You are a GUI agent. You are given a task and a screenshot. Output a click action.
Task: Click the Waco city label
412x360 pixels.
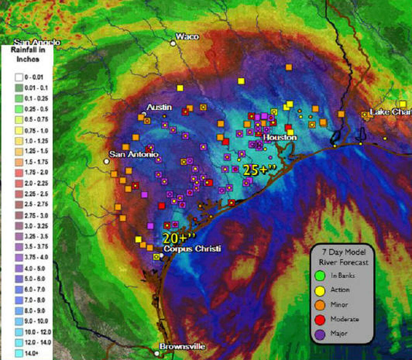click(x=187, y=36)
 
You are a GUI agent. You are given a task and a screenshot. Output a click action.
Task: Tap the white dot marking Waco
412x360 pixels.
click(x=173, y=43)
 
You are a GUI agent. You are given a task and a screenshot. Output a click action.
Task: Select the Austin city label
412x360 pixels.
click(x=159, y=107)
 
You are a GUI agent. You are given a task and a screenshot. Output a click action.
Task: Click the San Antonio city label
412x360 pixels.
click(x=134, y=154)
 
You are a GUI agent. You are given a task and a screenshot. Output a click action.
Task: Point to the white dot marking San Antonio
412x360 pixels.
click(x=106, y=161)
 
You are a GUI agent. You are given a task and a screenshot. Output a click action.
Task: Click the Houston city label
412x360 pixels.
click(x=280, y=138)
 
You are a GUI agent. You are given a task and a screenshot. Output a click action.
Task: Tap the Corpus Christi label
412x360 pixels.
click(x=192, y=248)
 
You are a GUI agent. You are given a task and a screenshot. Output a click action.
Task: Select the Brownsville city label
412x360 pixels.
click(x=182, y=347)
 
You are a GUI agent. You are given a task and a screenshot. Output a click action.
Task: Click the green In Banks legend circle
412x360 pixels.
click(x=320, y=276)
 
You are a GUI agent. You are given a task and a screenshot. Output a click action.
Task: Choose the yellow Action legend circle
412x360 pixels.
click(x=320, y=290)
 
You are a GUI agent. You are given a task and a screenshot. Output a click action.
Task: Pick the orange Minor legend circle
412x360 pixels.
click(x=320, y=305)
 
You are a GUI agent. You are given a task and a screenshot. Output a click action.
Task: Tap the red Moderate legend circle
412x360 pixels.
click(x=320, y=320)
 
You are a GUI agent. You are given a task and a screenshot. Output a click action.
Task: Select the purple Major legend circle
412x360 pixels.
click(x=320, y=334)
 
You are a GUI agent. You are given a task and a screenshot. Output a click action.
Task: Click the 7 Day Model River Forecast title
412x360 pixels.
click(x=343, y=257)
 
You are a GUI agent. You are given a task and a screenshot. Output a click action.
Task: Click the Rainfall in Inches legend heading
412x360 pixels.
click(x=28, y=54)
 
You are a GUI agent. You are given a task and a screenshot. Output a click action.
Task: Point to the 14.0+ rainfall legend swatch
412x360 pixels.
click(x=19, y=353)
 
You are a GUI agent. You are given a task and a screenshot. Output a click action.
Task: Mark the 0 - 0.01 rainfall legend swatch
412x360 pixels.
click(x=19, y=77)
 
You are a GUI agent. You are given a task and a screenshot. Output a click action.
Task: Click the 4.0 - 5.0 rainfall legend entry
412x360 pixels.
click(x=30, y=268)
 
